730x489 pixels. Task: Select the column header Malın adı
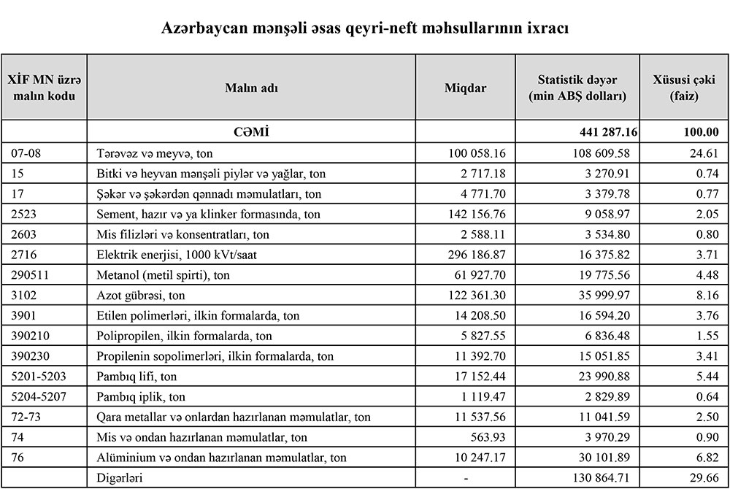pyautogui.click(x=251, y=88)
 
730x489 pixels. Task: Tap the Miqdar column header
pyautogui.click(x=465, y=88)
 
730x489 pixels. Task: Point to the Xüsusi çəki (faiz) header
pyautogui.click(x=684, y=88)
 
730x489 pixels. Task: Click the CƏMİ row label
pyautogui.click(x=251, y=132)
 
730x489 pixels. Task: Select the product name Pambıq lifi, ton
pyautogui.click(x=137, y=377)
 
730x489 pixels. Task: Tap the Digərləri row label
pyautogui.click(x=120, y=477)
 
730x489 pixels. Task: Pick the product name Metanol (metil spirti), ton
pyautogui.click(x=164, y=275)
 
